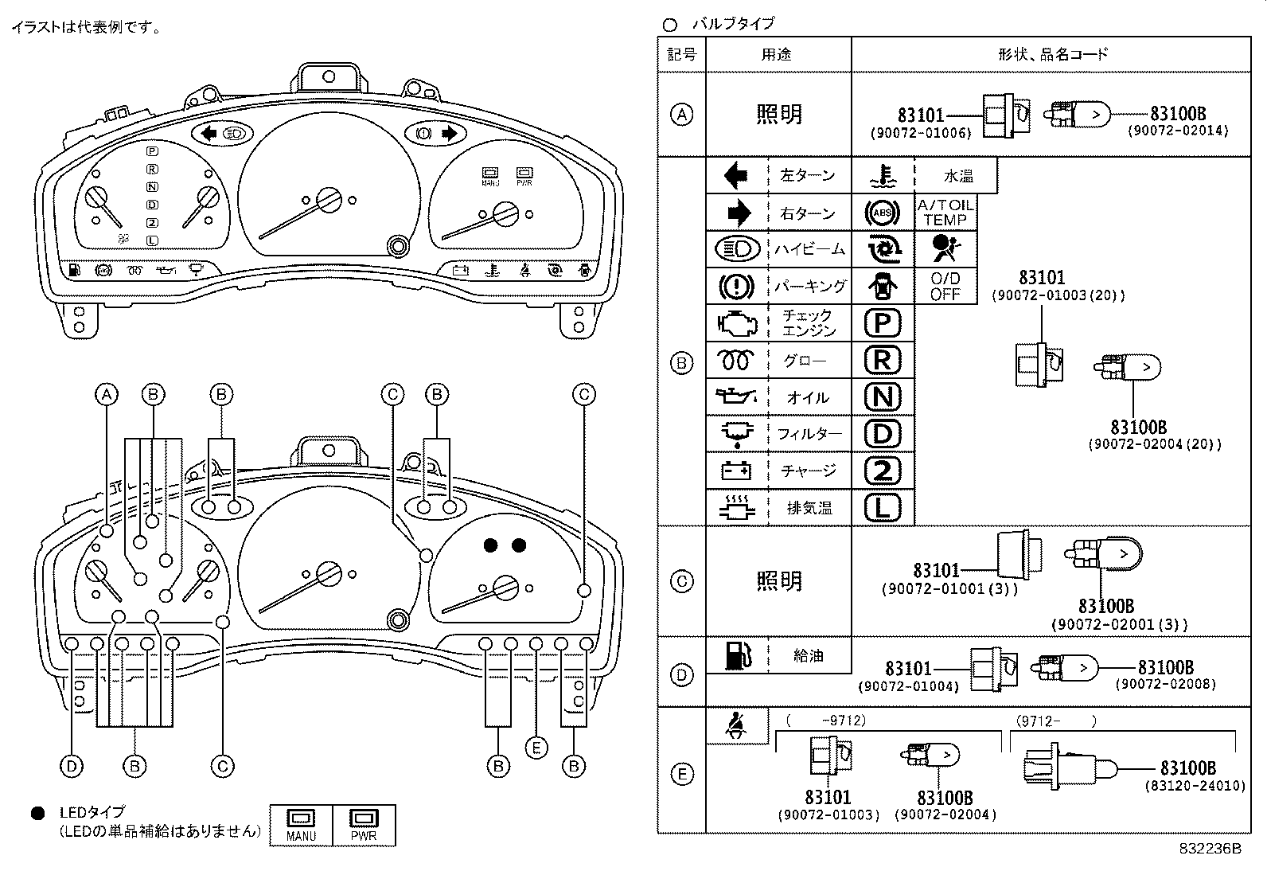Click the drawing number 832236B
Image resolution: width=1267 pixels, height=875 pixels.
pos(1210,849)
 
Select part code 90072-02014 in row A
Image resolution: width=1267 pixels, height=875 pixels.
pos(1178,131)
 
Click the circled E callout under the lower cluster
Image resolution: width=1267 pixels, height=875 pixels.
pos(537,748)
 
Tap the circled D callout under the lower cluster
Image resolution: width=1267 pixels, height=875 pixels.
pos(72,766)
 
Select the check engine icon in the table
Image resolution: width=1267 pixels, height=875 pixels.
pos(736,323)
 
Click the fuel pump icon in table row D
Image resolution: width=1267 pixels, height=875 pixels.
pos(736,655)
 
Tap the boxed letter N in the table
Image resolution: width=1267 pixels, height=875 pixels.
pos(883,396)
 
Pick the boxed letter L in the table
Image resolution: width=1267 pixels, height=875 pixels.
pos(883,507)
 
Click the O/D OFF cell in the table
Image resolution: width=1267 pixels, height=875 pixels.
pos(945,286)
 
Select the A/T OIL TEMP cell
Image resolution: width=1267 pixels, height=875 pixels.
pos(945,213)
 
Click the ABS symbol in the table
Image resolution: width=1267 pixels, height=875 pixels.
pos(883,213)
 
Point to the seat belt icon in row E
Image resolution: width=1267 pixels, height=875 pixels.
pos(736,725)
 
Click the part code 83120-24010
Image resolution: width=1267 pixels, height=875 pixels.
pos(1195,786)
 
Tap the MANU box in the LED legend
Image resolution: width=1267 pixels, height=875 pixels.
pos(302,826)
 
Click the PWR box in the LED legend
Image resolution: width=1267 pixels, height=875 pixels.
pos(364,826)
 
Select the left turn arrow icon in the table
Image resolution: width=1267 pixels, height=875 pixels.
pos(736,175)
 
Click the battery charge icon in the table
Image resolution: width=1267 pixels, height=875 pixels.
pos(736,471)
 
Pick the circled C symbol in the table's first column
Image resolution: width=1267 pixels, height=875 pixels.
pos(681,581)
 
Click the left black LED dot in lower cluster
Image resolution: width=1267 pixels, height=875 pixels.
pos(491,545)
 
